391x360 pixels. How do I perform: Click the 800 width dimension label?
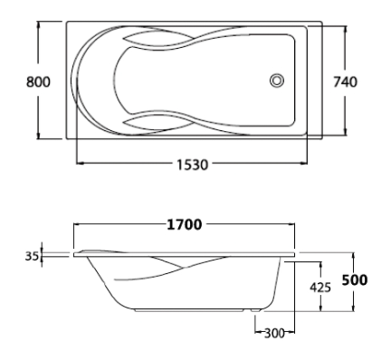(x=38, y=82)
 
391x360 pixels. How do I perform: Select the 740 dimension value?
(x=345, y=82)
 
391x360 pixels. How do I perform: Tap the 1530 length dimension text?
(x=192, y=165)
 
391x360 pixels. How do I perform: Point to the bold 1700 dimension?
(x=185, y=224)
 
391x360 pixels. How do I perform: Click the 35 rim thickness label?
(x=32, y=256)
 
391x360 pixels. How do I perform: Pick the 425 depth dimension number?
(x=320, y=288)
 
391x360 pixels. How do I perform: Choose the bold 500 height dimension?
(x=355, y=280)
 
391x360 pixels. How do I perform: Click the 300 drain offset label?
(x=274, y=333)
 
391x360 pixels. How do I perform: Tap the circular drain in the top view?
(x=277, y=81)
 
